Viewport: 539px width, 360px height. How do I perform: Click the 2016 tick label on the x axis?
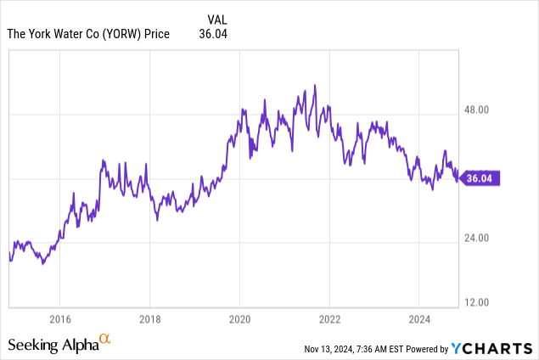59,320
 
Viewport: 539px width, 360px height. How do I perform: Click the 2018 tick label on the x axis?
149,320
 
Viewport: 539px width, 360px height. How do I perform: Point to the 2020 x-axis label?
239,320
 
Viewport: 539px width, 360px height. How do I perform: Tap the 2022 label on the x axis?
329,320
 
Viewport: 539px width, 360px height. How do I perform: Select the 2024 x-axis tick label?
419,320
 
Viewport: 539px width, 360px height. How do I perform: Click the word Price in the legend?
157,34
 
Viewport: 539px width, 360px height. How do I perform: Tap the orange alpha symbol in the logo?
105,340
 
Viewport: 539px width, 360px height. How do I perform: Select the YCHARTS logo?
492,348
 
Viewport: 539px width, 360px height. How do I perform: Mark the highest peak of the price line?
315,85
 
